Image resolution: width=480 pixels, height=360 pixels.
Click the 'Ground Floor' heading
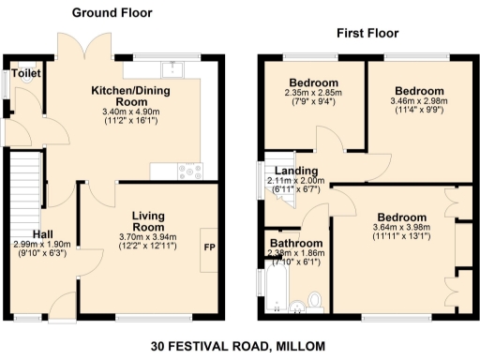pyautogui.click(x=112, y=13)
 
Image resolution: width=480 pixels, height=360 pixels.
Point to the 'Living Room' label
pyautogui.click(x=148, y=220)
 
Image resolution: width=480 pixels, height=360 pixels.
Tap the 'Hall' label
pyautogui.click(x=44, y=233)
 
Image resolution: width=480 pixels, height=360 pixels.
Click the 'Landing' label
pyautogui.click(x=296, y=170)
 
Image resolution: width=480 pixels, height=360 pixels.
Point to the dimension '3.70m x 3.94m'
pyautogui.click(x=148, y=237)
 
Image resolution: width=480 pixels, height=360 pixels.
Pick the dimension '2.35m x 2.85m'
pyautogui.click(x=314, y=94)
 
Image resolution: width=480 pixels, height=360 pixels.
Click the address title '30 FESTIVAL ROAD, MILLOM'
pyautogui.click(x=238, y=346)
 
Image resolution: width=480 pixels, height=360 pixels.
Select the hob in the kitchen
pyautogui.click(x=191, y=171)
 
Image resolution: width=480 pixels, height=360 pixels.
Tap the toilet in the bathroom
pyautogui.click(x=316, y=299)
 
